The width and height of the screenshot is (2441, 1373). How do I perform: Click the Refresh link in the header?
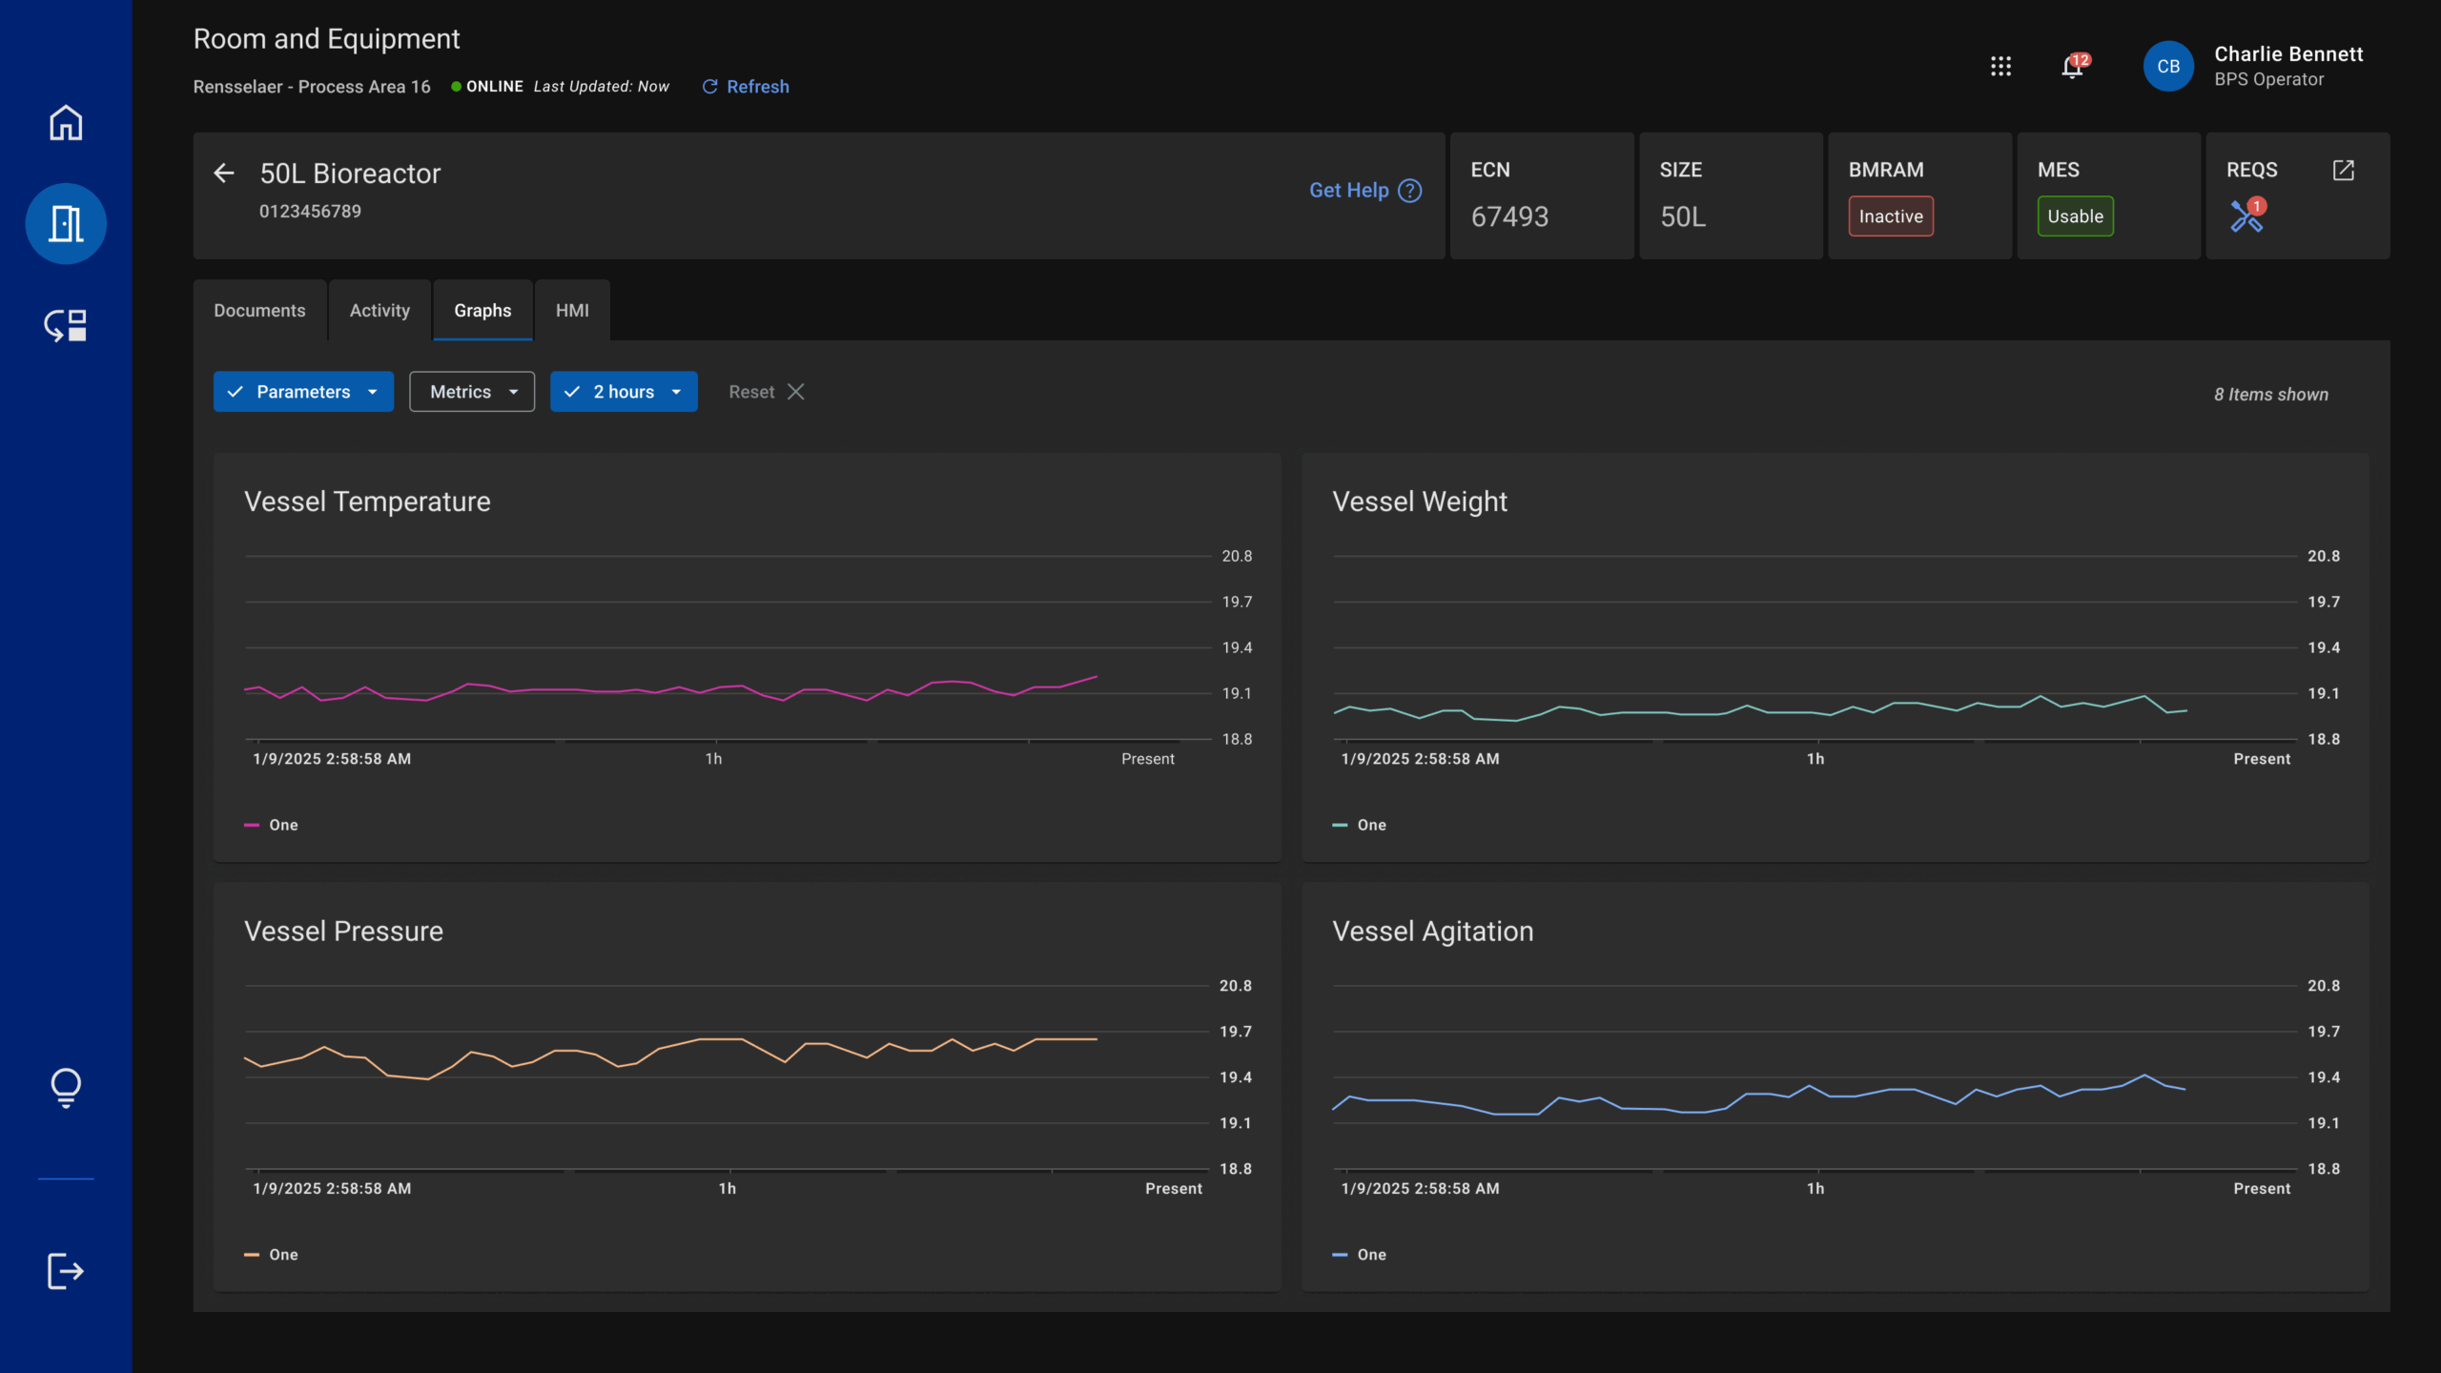[746, 87]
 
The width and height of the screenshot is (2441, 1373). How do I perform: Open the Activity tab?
[379, 311]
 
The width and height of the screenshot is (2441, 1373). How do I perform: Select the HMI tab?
[572, 311]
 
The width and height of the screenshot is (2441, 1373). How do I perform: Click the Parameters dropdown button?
[303, 392]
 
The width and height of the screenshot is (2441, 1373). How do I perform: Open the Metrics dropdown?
[472, 392]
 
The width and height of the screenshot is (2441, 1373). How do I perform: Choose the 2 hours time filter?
[624, 392]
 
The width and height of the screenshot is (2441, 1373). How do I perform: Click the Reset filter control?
[766, 392]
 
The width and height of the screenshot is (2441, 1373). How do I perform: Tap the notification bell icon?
[2072, 67]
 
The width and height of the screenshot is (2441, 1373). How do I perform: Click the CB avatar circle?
[2167, 67]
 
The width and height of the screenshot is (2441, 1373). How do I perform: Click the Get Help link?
[1364, 191]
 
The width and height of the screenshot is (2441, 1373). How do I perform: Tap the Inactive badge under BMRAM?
[1890, 216]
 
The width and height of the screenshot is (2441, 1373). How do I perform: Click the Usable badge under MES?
[2075, 216]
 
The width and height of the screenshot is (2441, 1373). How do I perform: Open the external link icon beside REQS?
[2343, 171]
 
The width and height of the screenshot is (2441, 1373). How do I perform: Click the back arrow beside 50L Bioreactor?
[224, 174]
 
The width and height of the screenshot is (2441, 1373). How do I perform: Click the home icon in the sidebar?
[66, 123]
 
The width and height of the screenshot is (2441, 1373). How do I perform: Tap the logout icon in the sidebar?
[66, 1271]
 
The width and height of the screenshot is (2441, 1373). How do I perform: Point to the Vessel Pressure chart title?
[343, 932]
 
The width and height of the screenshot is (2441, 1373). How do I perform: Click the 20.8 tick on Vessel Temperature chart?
[1237, 556]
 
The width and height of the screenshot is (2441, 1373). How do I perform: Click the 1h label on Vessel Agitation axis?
[1815, 1189]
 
